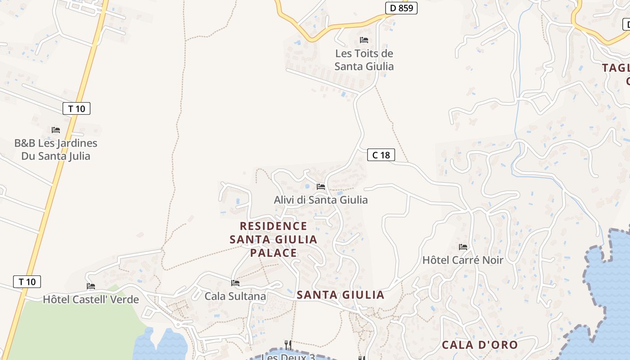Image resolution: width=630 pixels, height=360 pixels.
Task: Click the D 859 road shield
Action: (x=401, y=8)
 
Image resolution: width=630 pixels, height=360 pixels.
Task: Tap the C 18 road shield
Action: (x=381, y=155)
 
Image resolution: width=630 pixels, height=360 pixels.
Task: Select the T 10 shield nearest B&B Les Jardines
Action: (x=76, y=108)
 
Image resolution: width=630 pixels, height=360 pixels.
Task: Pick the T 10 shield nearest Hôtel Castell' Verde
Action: (x=27, y=282)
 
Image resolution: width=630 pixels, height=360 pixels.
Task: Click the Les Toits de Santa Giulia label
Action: (x=364, y=60)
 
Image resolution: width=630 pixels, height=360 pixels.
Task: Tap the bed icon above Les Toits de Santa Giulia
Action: (x=364, y=40)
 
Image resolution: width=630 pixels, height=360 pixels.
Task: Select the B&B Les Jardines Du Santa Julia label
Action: (x=56, y=150)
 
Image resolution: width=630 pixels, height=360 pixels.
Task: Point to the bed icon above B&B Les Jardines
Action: (x=56, y=130)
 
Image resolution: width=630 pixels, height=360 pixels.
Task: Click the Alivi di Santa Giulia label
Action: (x=321, y=200)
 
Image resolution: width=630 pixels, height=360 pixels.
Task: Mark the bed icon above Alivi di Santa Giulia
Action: (x=321, y=186)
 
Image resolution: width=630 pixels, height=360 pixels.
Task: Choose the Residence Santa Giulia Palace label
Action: (x=274, y=239)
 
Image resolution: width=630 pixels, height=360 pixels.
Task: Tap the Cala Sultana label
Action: (x=235, y=297)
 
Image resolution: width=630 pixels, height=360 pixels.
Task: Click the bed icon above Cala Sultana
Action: (x=235, y=283)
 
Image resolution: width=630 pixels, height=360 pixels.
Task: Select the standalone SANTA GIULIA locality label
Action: (x=341, y=295)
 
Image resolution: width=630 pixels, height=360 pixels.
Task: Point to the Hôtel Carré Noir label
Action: (x=463, y=260)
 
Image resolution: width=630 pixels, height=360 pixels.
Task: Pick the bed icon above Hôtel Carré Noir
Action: (x=463, y=247)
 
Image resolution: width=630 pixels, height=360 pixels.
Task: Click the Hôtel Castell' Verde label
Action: (x=91, y=299)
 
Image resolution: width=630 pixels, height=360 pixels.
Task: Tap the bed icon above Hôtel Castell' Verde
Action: (x=91, y=286)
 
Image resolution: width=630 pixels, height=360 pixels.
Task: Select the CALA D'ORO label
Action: (x=480, y=345)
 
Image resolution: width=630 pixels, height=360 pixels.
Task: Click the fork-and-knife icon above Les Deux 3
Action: (x=288, y=345)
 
